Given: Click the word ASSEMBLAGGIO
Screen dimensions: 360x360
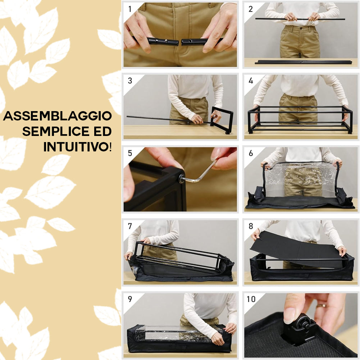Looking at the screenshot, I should pyautogui.click(x=58, y=117).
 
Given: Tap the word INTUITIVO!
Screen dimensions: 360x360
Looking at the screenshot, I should pyautogui.click(x=77, y=146).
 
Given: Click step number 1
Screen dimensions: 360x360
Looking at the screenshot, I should pyautogui.click(x=130, y=9).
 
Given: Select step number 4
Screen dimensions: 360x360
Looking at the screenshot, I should pyautogui.click(x=251, y=81).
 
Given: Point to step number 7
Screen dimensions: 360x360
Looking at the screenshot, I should pyautogui.click(x=130, y=226).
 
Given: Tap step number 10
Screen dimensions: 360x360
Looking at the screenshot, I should pyautogui.click(x=251, y=299).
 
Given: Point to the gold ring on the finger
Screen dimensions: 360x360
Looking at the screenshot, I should pyautogui.click(x=321, y=306).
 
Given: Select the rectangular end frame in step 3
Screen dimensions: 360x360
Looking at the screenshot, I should pyautogui.click(x=222, y=120).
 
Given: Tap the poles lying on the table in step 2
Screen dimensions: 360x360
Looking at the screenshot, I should pyautogui.click(x=303, y=62).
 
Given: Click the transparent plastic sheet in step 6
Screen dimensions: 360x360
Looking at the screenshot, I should pyautogui.click(x=301, y=179).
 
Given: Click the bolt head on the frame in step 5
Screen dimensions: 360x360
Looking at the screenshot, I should pyautogui.click(x=181, y=177).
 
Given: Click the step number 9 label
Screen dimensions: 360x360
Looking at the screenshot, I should pyautogui.click(x=130, y=299).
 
